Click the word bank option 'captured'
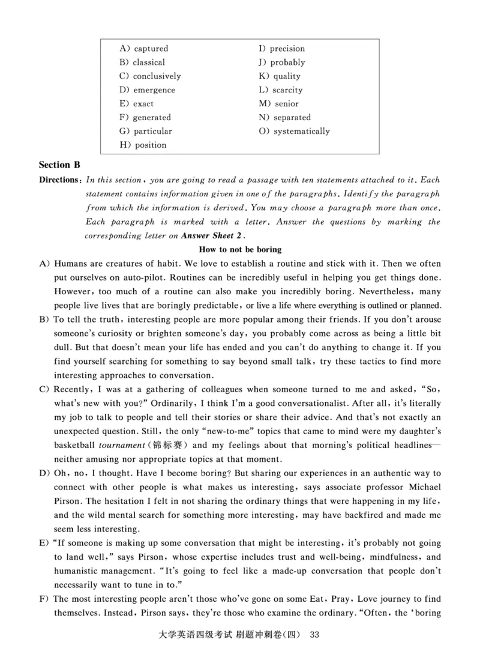point(151,49)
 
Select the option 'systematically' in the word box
point(301,132)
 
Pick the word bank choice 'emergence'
point(154,90)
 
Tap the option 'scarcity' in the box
point(288,90)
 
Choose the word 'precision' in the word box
point(287,49)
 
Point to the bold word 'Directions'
point(58,180)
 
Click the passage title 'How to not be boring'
point(239,249)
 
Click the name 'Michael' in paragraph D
point(424,487)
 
